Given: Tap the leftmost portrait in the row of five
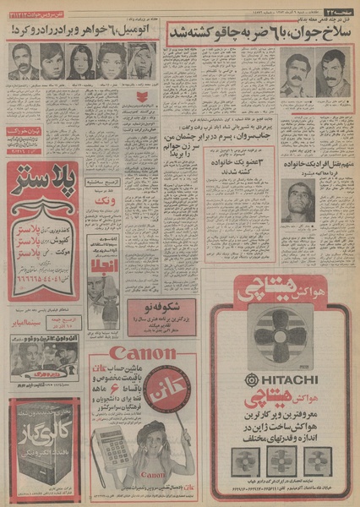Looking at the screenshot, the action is click(22, 63).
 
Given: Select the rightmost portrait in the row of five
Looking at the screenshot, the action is click(139, 63).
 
